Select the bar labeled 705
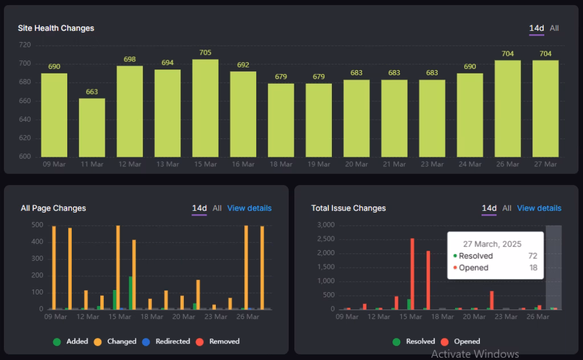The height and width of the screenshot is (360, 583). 206,108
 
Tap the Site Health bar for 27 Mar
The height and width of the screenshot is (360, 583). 545,108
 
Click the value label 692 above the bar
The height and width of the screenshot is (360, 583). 243,65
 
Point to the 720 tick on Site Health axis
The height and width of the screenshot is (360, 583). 24,45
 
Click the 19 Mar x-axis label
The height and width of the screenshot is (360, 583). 318,165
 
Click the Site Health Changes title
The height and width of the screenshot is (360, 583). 56,28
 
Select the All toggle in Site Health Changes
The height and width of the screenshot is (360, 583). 554,28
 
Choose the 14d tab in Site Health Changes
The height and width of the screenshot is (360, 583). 536,28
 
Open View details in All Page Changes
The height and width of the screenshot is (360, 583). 249,208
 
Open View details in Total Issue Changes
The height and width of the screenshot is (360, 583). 539,208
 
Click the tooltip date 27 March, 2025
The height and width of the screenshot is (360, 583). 492,244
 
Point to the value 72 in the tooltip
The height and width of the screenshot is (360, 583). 532,256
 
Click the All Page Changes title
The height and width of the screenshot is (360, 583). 54,208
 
